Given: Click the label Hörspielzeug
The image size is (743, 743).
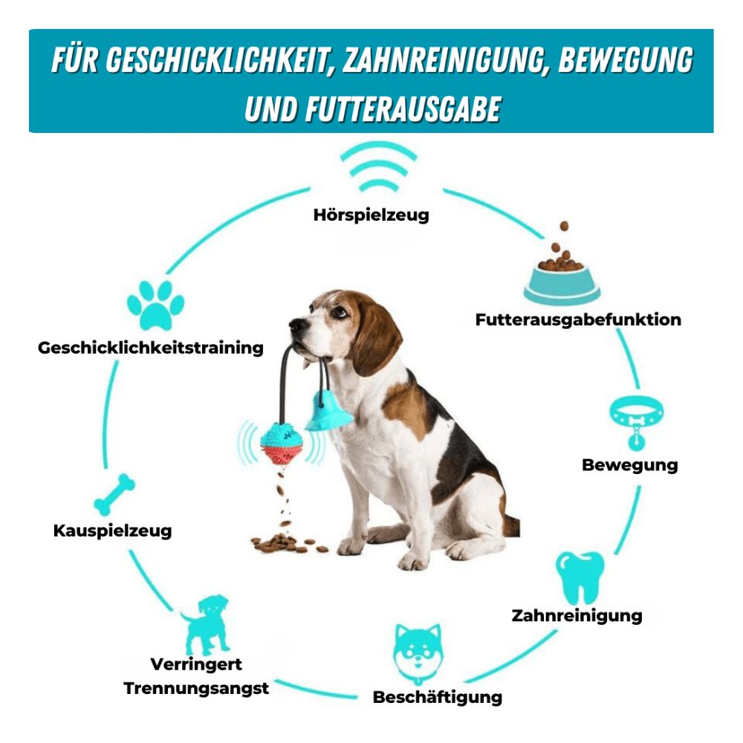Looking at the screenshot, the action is (x=371, y=215).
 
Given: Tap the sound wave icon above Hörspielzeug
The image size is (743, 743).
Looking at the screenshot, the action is (x=378, y=166).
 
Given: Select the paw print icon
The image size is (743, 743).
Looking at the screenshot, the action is (x=155, y=305).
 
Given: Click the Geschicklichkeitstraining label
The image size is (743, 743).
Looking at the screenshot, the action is (x=151, y=348).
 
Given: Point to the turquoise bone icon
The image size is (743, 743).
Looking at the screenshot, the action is (x=114, y=494).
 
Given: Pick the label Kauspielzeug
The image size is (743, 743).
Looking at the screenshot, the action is (x=112, y=531).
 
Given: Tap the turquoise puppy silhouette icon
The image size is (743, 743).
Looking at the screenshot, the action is (x=205, y=625).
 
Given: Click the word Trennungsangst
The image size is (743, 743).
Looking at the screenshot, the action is (x=196, y=688).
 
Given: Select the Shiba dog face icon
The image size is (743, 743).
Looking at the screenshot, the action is (x=418, y=652).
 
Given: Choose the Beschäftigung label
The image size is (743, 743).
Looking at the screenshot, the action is (x=438, y=697).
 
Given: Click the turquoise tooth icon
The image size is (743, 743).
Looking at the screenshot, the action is (x=580, y=577).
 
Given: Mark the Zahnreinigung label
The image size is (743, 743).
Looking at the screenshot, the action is (x=577, y=615).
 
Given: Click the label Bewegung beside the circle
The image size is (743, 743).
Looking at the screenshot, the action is (x=630, y=465).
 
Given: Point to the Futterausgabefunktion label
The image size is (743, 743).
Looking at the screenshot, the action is (x=578, y=319).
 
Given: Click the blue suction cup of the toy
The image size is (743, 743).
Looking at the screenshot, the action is (x=328, y=413).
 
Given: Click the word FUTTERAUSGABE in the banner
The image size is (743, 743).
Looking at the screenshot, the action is (x=403, y=109).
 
